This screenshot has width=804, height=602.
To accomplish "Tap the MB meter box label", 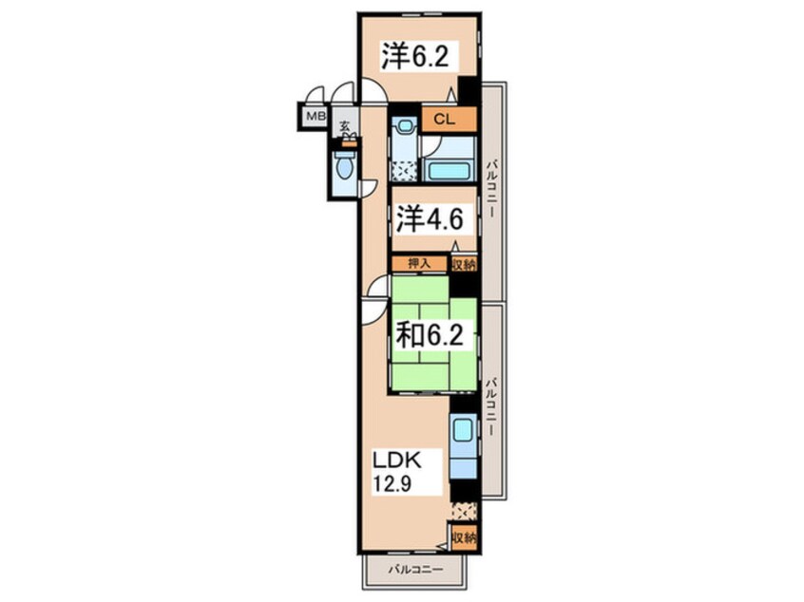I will pyautogui.click(x=315, y=117).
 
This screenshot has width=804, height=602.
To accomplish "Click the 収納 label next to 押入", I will pyautogui.click(x=464, y=263).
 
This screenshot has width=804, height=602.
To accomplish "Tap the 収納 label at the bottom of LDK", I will pyautogui.click(x=464, y=539).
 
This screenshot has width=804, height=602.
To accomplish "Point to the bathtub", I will pyautogui.click(x=447, y=171).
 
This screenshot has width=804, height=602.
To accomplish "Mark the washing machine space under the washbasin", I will pyautogui.click(x=405, y=171).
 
